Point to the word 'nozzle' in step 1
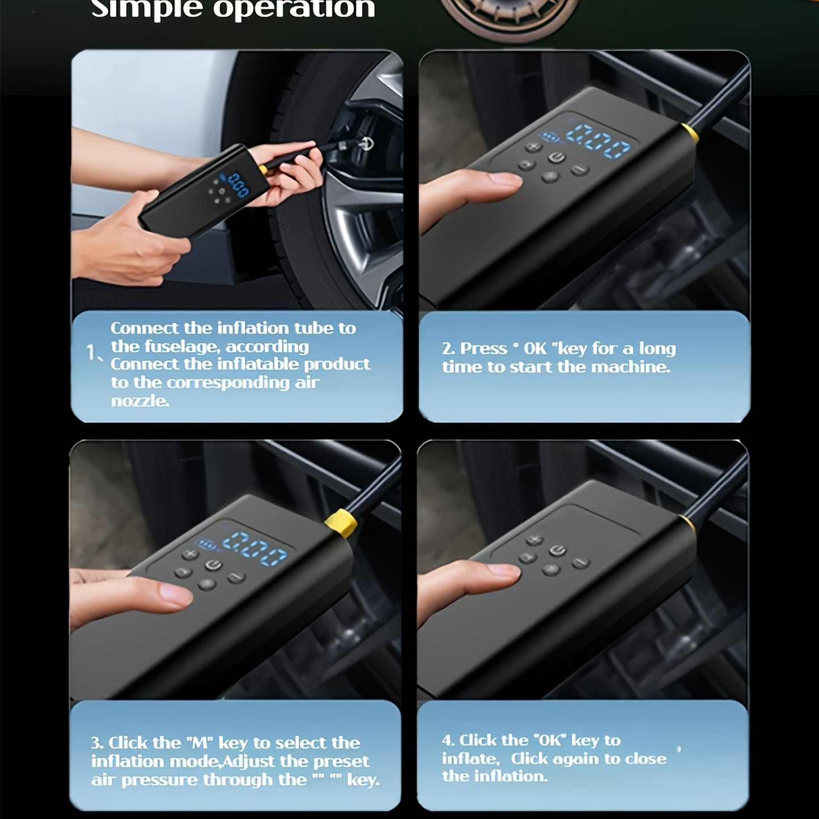(139, 401)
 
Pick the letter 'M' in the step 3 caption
(198, 742)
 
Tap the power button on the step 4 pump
(557, 550)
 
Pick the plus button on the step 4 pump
(533, 540)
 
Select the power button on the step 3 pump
(213, 565)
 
